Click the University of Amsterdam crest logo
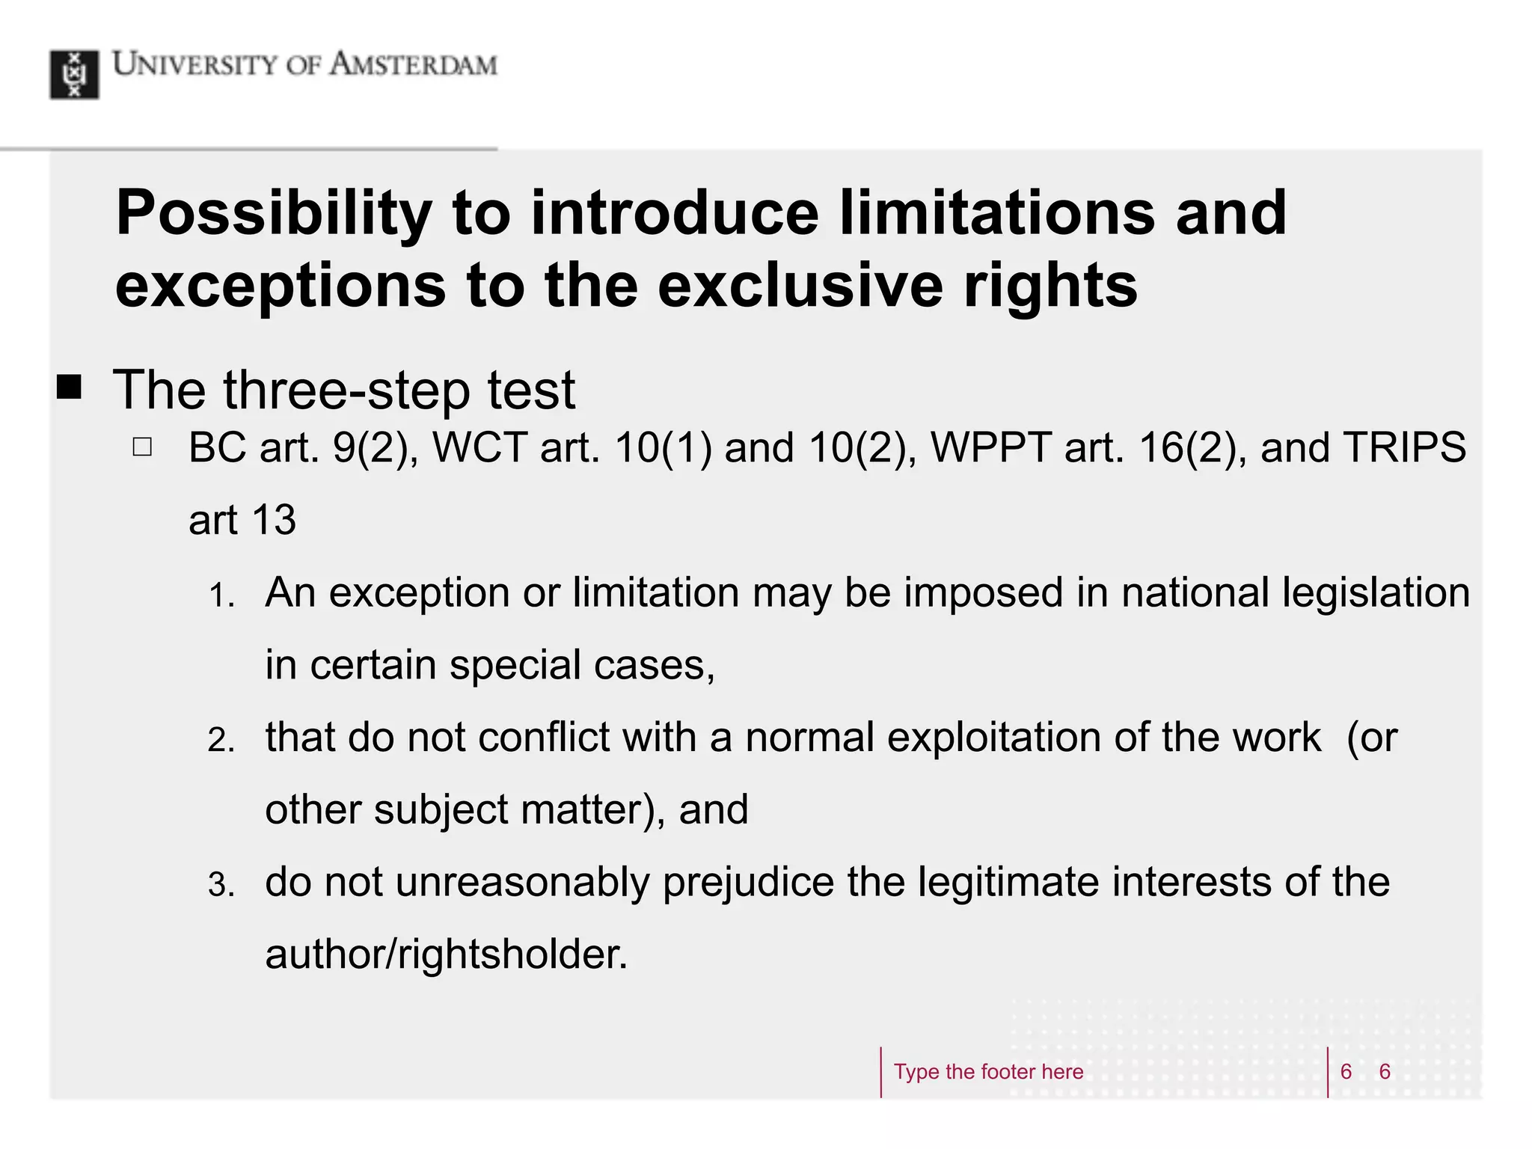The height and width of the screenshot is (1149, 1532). click(74, 75)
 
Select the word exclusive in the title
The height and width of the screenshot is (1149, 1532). click(800, 286)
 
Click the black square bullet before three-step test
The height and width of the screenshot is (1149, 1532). click(70, 387)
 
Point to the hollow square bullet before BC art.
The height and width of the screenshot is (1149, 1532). click(142, 447)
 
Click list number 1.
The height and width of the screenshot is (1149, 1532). click(221, 596)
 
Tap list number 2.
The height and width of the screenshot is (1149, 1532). click(221, 741)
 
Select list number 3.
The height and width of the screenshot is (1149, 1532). click(221, 886)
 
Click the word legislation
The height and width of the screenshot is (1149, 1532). click(1376, 593)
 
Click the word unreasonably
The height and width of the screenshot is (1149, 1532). click(522, 883)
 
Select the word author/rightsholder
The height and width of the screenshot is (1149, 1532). click(446, 955)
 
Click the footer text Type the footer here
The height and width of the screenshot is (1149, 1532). click(987, 1072)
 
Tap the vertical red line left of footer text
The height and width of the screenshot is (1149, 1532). click(881, 1072)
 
